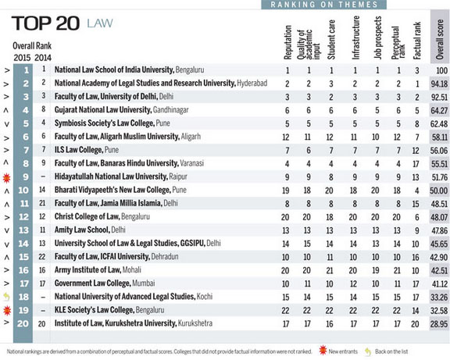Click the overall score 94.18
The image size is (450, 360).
pos(439,84)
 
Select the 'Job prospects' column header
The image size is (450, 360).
pos(377,37)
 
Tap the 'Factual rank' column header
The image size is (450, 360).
pos(416,41)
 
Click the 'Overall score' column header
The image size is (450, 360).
pos(439,39)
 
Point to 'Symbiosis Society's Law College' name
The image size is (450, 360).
pos(105,123)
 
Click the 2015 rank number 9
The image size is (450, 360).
pos(26,176)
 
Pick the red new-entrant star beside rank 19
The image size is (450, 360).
pos(7,310)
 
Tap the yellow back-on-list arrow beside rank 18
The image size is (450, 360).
pos(6,297)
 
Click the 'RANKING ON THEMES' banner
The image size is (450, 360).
pos(324,5)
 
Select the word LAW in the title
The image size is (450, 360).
pos(100,23)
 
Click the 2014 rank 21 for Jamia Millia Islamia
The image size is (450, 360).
pos(42,203)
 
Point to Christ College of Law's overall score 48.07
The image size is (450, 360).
pos(439,217)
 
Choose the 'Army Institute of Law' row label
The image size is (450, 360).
pos(87,270)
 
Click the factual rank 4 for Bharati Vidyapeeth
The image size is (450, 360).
pos(416,191)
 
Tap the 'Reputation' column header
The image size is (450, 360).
pos(287,42)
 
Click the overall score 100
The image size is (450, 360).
pos(441,70)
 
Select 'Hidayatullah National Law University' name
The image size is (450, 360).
pos(111,176)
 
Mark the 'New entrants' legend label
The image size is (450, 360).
pos(343,351)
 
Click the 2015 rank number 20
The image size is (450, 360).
pos(23,323)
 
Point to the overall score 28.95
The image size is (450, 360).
pos(439,324)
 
